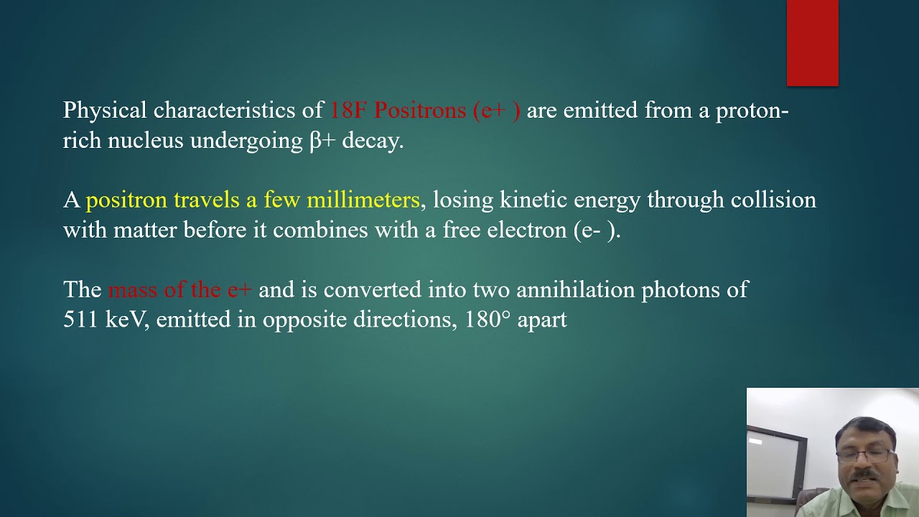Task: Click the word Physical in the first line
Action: [105, 111]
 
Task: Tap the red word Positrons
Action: [420, 111]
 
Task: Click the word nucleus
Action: [146, 140]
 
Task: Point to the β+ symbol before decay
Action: [322, 140]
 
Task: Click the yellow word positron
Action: [126, 200]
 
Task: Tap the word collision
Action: [773, 200]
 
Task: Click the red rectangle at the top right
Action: [812, 43]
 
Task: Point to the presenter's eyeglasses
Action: [865, 457]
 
